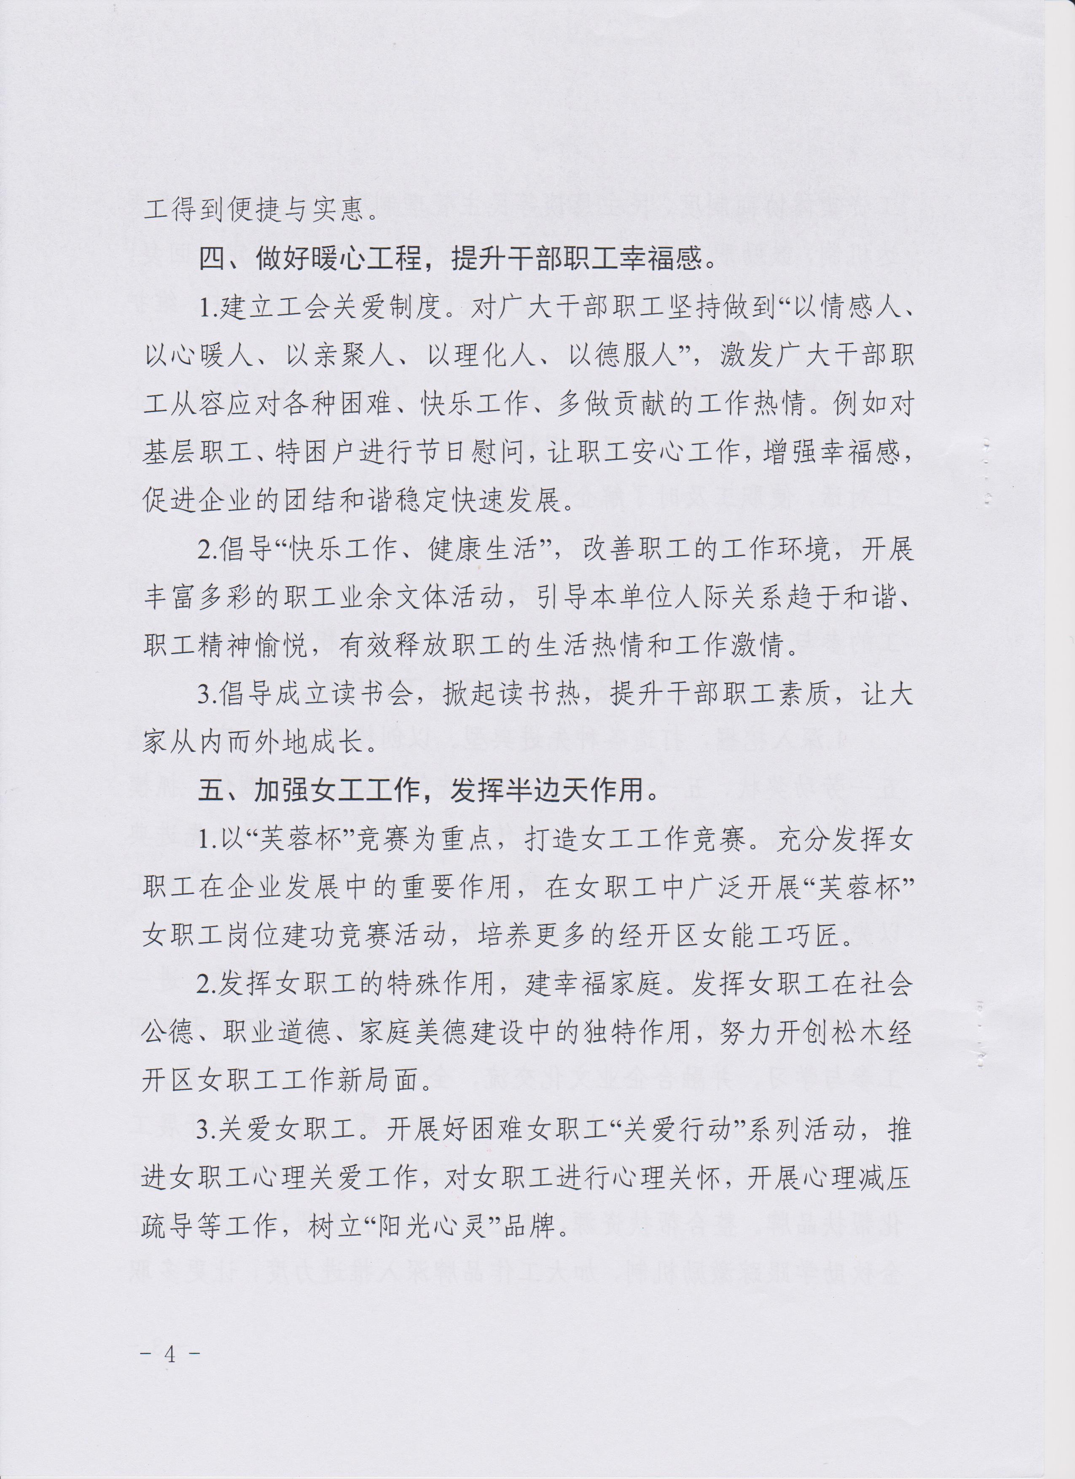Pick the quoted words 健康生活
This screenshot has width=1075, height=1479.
[x=485, y=551]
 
